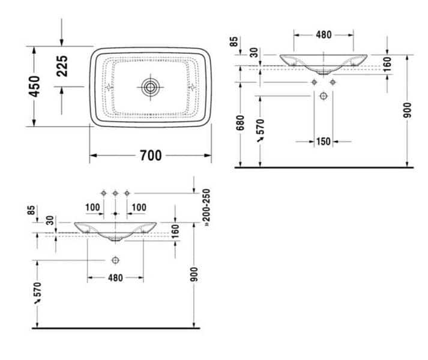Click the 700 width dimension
pyautogui.click(x=150, y=155)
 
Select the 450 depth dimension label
pyautogui.click(x=34, y=86)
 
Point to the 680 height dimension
pyautogui.click(x=240, y=122)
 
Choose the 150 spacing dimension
pyautogui.click(x=324, y=142)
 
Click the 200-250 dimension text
pyautogui.click(x=206, y=208)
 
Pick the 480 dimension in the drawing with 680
pyautogui.click(x=324, y=35)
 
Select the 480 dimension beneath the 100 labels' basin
pyautogui.click(x=115, y=278)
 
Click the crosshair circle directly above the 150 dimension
pyautogui.click(x=324, y=95)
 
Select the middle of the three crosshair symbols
pyautogui.click(x=115, y=193)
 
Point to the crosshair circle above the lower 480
pyautogui.click(x=115, y=260)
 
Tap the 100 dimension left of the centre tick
pyautogui.click(x=92, y=208)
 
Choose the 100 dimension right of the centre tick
pyautogui.click(x=138, y=208)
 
